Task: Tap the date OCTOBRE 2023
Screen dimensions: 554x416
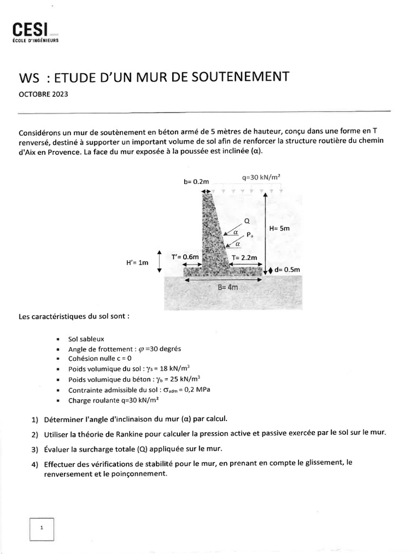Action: (x=43, y=93)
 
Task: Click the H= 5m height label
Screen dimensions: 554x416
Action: (x=279, y=228)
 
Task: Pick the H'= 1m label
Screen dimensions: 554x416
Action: (x=136, y=262)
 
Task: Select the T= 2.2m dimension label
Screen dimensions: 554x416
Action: (x=244, y=258)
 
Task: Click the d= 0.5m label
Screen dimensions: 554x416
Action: (x=287, y=269)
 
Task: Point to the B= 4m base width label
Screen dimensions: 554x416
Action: (x=227, y=288)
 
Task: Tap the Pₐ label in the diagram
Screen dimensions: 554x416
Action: (x=250, y=235)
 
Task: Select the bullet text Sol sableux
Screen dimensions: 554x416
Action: (x=86, y=339)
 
